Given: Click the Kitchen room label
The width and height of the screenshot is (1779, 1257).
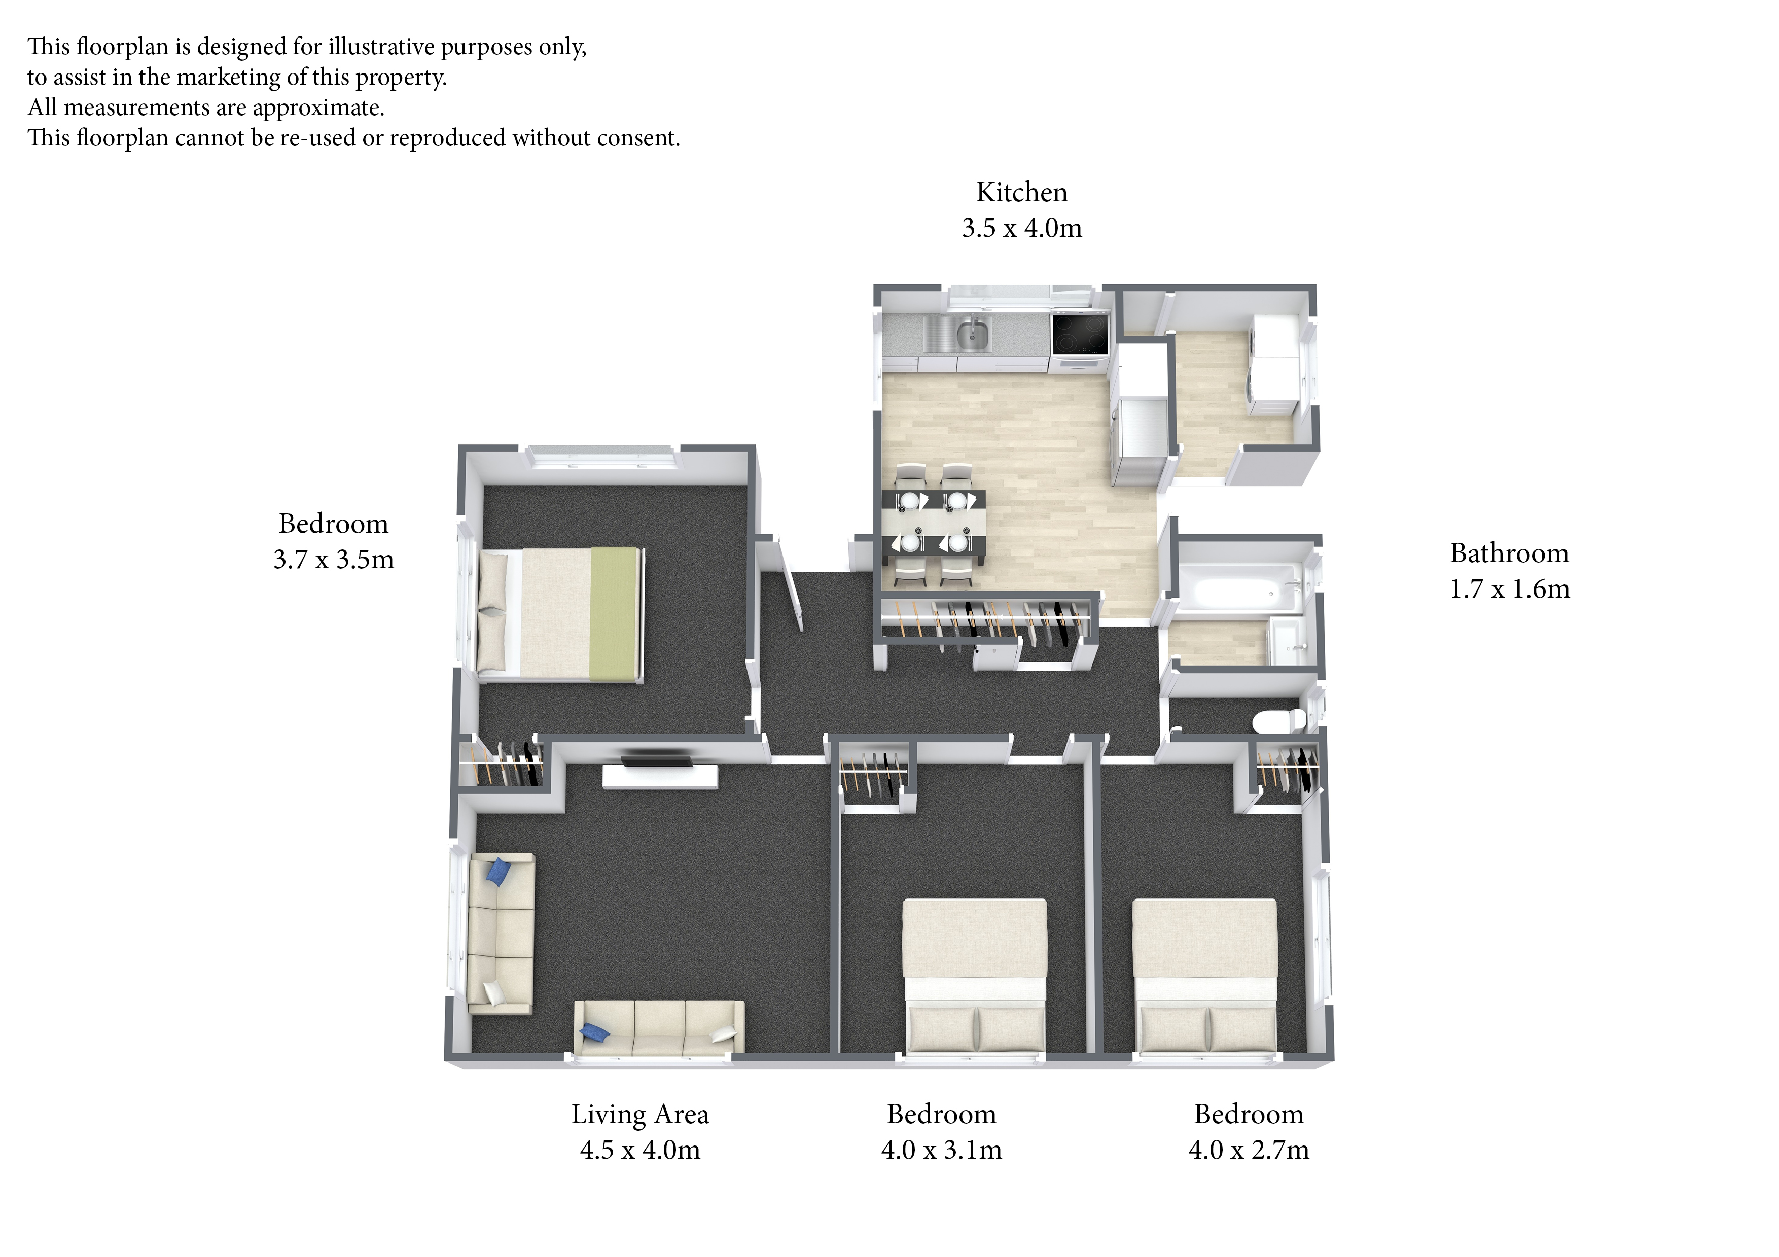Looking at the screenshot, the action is [x=1021, y=192].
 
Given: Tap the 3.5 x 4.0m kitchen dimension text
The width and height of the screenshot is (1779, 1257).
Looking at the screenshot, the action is [x=1021, y=228].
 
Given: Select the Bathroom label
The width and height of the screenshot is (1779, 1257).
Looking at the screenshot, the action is [x=1509, y=553].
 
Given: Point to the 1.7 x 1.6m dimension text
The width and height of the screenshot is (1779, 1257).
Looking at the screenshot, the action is [x=1509, y=588].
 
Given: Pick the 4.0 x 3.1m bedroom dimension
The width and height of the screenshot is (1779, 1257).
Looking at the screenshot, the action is [x=941, y=1150].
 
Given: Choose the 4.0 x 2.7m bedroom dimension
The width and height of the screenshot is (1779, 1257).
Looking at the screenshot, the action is [x=1248, y=1150].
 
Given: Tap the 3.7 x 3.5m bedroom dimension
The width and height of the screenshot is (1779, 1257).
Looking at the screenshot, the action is [x=333, y=559].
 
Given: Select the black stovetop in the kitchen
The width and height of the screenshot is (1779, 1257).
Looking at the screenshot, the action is [x=1079, y=334].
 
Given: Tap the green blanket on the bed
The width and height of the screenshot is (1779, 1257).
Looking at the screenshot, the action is [x=615, y=614].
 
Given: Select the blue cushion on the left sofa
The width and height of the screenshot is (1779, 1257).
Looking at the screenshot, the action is [x=496, y=873].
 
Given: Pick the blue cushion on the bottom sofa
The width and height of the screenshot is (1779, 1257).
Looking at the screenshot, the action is [x=594, y=1031].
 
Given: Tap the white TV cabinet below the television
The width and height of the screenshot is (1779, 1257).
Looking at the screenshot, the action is [x=660, y=777].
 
